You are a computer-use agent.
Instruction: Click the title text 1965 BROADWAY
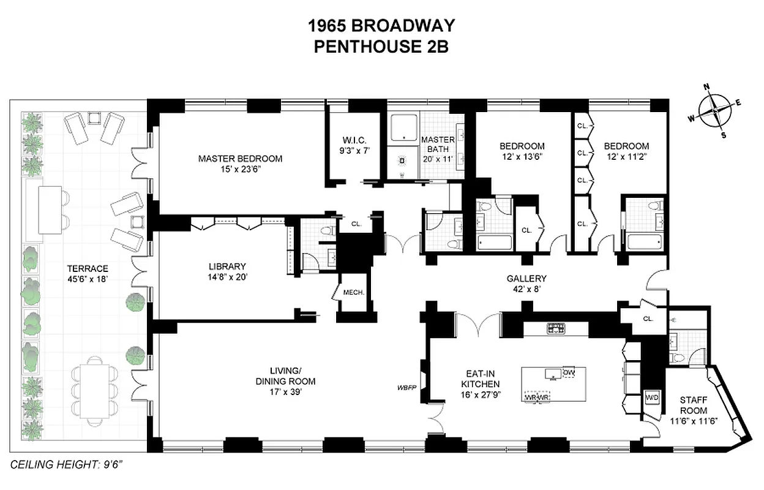tap(381, 26)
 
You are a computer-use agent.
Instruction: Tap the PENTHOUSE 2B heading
tap(381, 47)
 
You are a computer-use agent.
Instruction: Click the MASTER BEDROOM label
tap(240, 159)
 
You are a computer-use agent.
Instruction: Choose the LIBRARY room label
tap(227, 266)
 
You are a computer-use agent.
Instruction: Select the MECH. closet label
tap(354, 293)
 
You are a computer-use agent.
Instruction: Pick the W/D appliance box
tap(652, 398)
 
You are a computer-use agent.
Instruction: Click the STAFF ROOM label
tap(693, 405)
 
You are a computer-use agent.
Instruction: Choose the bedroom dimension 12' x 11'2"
tap(626, 156)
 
